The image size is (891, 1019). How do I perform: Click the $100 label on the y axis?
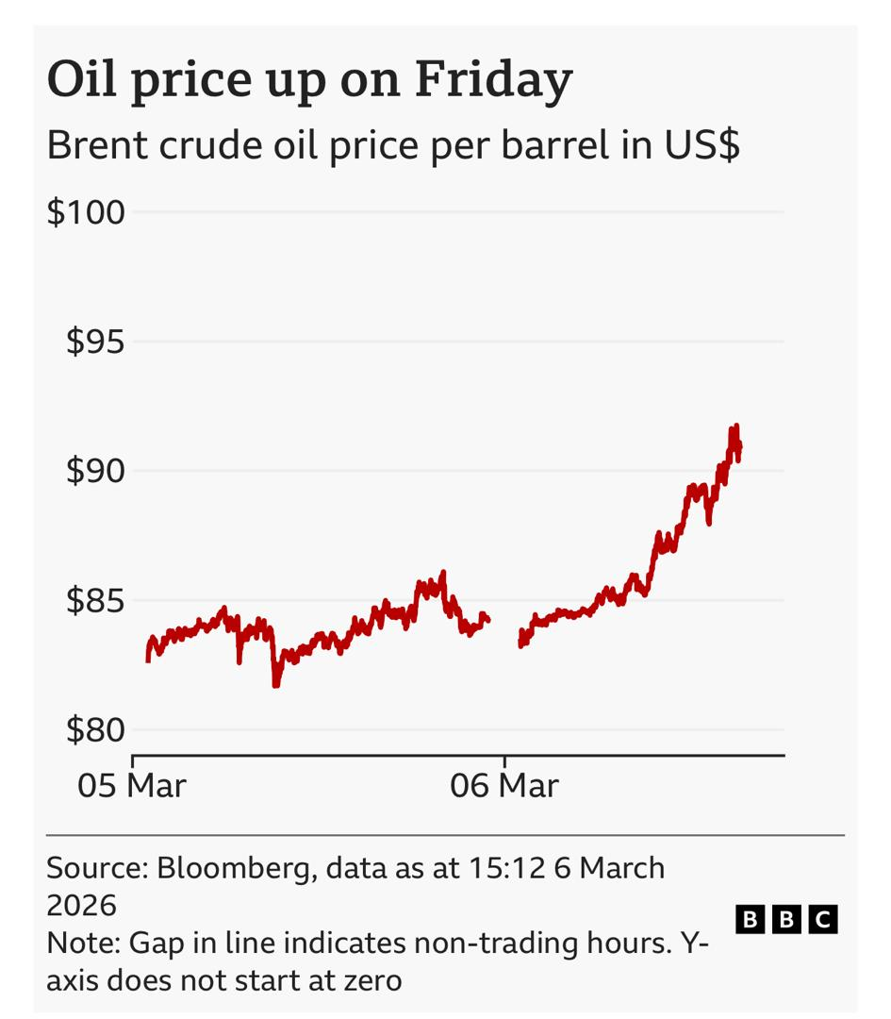[x=86, y=212]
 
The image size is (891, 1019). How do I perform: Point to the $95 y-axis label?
[x=94, y=342]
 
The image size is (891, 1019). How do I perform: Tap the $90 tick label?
[x=94, y=471]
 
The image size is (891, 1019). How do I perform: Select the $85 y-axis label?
[x=94, y=600]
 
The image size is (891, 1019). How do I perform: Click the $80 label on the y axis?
[x=94, y=729]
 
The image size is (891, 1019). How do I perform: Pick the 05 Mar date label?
[x=132, y=785]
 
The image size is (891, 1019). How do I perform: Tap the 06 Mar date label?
[x=504, y=785]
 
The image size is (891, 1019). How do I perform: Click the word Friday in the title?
[x=493, y=79]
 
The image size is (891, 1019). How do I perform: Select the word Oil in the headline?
[x=83, y=79]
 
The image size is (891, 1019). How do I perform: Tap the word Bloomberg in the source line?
[x=236, y=868]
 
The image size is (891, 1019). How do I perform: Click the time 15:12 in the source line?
[x=507, y=868]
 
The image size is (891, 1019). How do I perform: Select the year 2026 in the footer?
[x=82, y=906]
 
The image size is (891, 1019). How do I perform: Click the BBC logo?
[x=786, y=918]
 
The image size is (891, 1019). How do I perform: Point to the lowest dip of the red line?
[x=275, y=684]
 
